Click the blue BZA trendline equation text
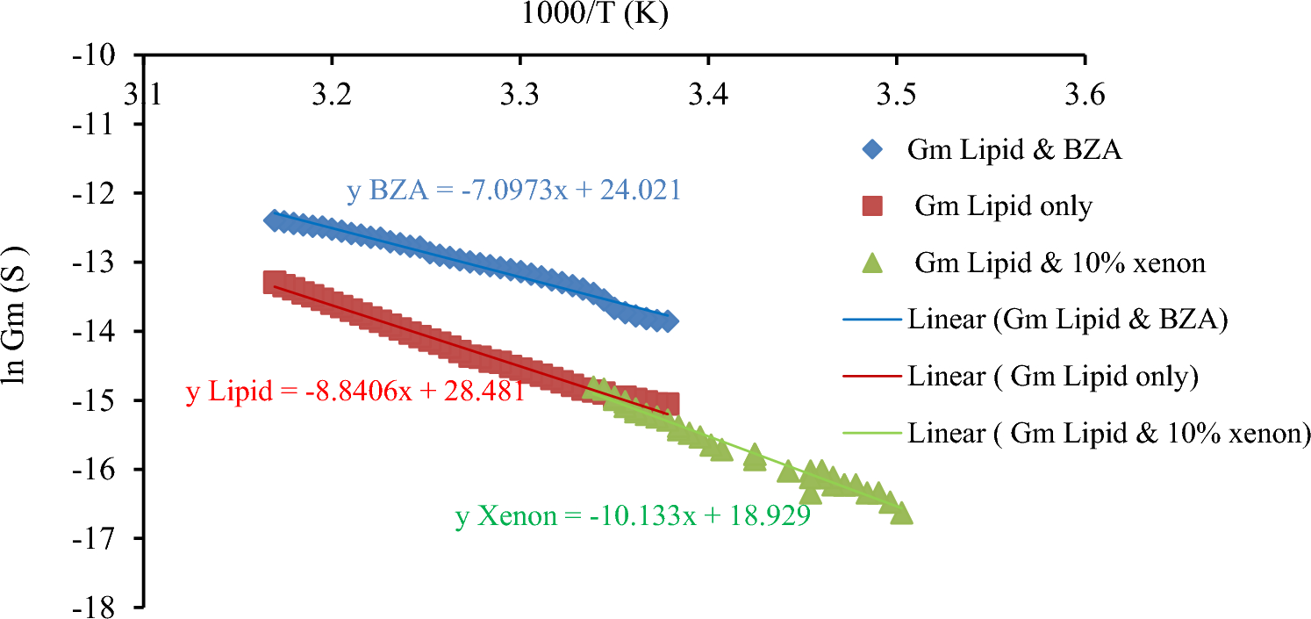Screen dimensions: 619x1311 [x=513, y=191]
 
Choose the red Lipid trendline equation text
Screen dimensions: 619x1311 [x=355, y=392]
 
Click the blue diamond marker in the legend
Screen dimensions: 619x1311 [x=872, y=150]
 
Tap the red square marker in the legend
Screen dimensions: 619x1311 [x=872, y=206]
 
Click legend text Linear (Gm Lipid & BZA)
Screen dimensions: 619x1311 [x=1066, y=320]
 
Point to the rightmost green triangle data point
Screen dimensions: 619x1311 [x=901, y=514]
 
